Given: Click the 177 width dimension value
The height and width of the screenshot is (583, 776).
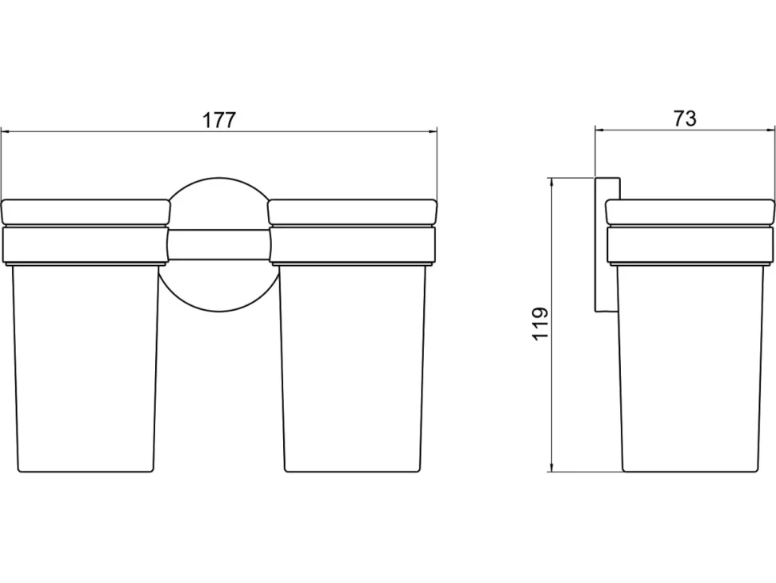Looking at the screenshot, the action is click(x=220, y=120).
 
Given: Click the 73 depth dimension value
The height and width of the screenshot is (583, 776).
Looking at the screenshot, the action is click(x=685, y=119).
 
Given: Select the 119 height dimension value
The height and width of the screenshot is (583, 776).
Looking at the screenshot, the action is click(x=541, y=324).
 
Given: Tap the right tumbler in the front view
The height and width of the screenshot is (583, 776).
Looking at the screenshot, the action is click(x=353, y=368).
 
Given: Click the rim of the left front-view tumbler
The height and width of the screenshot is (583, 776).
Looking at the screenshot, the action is click(x=86, y=212).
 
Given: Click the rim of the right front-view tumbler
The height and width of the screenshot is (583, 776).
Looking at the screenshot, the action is click(x=352, y=212).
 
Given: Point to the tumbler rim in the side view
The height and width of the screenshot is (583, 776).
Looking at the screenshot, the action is click(x=690, y=212).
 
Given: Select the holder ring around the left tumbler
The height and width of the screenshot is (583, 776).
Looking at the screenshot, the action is click(x=86, y=245).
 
